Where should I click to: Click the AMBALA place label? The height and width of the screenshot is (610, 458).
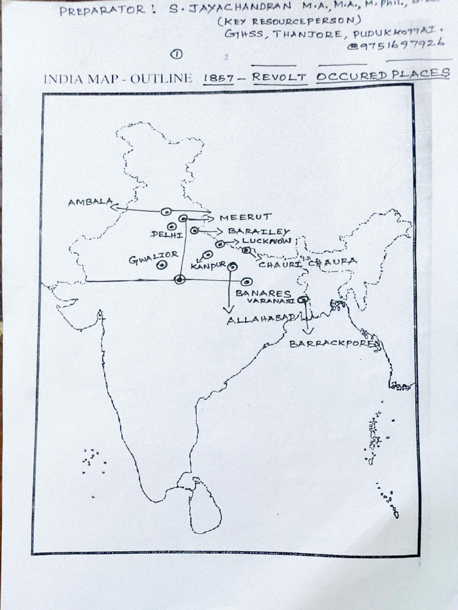click(89, 202)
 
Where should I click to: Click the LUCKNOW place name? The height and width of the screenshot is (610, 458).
click(267, 241)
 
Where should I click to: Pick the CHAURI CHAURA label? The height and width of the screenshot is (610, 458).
click(308, 262)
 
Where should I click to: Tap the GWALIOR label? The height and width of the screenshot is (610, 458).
click(153, 257)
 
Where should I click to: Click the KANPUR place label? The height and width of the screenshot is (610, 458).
click(208, 264)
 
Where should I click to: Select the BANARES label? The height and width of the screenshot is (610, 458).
click(263, 293)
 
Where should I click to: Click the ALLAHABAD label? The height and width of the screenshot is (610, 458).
click(261, 320)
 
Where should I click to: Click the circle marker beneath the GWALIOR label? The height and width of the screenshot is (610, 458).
click(161, 266)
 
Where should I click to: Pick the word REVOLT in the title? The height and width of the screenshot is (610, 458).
click(279, 77)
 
